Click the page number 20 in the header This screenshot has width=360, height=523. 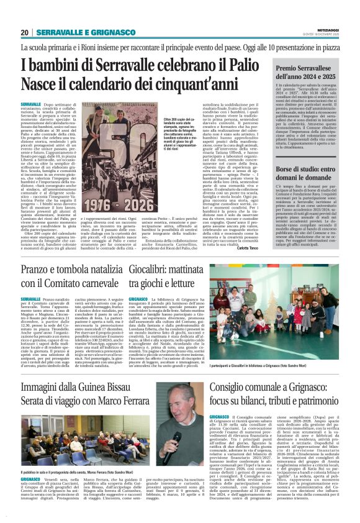coord(25,32)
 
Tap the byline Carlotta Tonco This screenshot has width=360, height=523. coord(252,231)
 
